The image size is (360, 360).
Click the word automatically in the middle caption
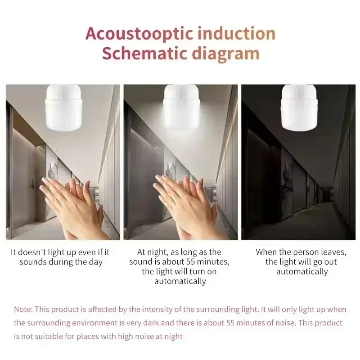click(x=180, y=281)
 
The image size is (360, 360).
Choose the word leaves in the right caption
click(x=322, y=252)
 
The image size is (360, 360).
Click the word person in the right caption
click(x=298, y=252)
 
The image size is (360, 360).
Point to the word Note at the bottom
click(x=22, y=310)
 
